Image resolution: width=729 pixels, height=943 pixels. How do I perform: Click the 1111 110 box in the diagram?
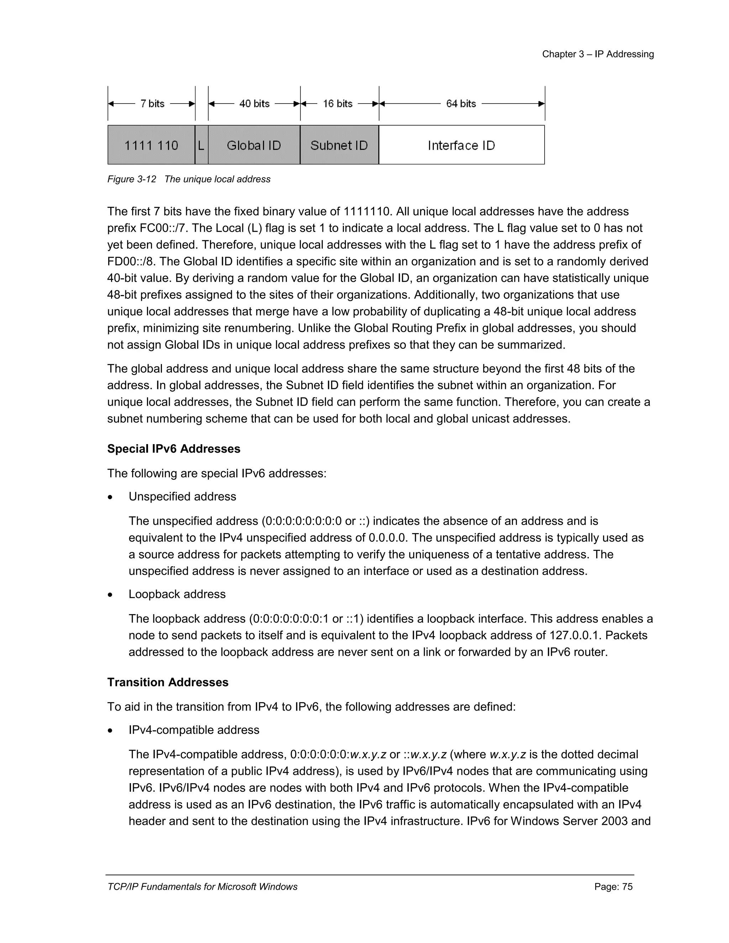151,145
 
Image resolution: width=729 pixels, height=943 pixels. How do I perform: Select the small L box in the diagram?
201,145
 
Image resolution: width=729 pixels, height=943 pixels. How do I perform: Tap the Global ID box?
254,145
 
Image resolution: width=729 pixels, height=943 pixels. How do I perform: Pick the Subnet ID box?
339,145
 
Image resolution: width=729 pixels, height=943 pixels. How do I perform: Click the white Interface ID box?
461,145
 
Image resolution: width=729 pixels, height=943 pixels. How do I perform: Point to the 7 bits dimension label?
152,104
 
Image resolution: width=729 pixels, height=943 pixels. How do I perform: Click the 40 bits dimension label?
255,104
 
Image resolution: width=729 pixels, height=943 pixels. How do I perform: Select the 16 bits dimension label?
338,104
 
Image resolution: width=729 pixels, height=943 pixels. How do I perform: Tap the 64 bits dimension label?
461,104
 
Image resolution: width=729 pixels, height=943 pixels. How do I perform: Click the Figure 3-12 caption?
189,179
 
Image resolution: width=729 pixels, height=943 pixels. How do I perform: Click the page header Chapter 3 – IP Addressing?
598,54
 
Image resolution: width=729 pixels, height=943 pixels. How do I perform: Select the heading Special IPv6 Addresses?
174,449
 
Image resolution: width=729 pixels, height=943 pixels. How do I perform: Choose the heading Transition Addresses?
168,682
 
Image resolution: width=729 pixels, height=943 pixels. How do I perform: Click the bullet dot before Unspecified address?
111,497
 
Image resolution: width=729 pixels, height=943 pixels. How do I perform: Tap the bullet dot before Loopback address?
111,595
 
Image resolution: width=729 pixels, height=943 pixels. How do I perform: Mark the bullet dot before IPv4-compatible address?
111,731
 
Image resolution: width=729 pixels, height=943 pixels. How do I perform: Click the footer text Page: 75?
613,886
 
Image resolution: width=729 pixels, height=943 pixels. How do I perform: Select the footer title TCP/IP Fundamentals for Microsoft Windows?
202,886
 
